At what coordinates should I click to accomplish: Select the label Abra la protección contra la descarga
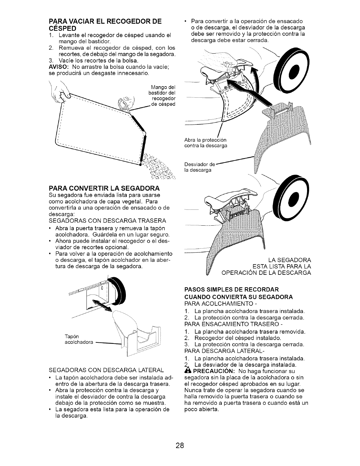point(206,143)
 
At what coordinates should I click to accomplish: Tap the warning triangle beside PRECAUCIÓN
point(187,371)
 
